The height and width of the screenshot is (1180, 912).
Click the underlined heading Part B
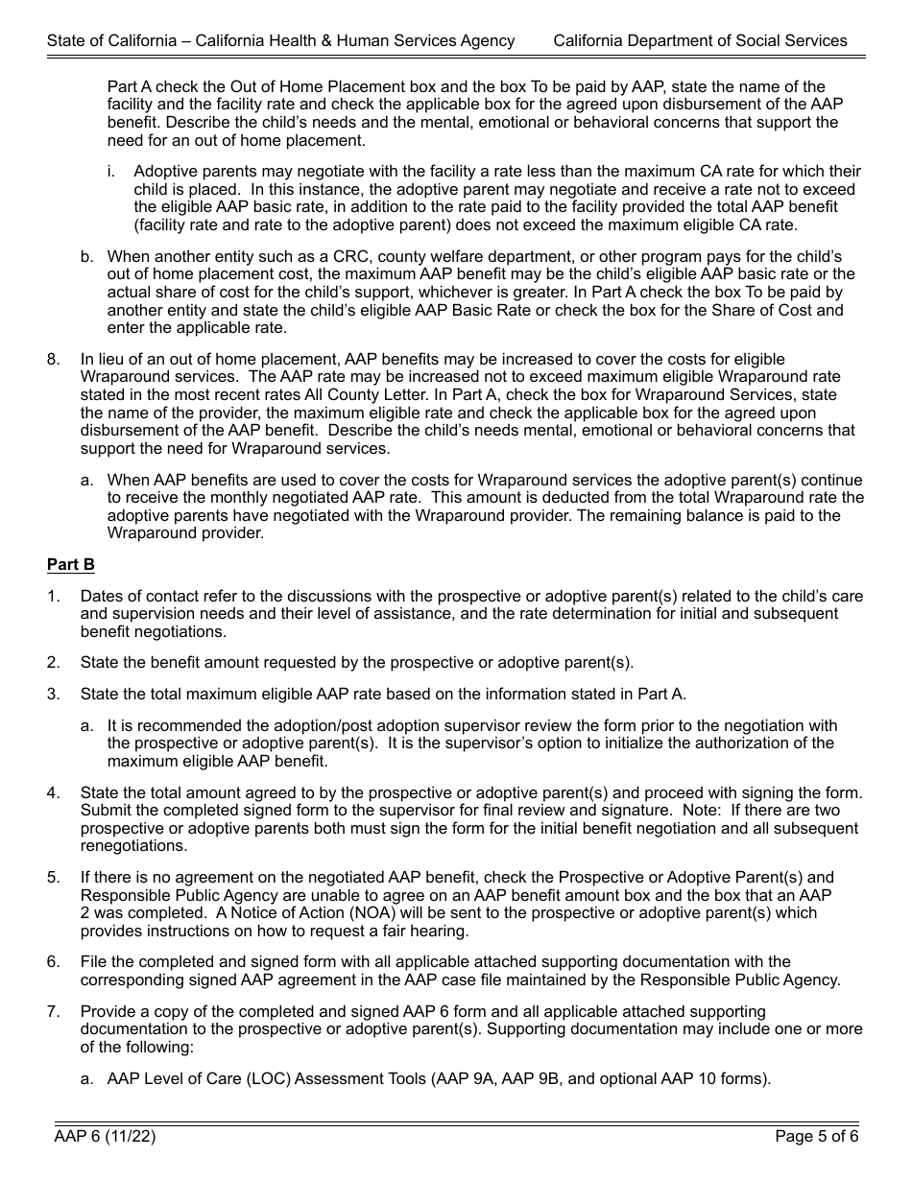point(71,565)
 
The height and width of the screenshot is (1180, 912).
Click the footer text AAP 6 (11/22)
point(105,1137)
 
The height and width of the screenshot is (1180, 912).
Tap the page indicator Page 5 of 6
point(816,1137)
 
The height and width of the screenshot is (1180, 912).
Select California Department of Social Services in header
point(700,40)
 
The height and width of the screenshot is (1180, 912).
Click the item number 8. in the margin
point(54,360)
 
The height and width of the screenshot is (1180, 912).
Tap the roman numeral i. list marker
point(111,172)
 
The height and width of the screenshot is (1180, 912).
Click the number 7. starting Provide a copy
point(54,1012)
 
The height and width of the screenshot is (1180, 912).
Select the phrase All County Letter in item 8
point(459,395)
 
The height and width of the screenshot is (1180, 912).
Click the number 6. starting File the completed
point(54,962)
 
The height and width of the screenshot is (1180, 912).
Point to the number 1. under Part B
point(54,597)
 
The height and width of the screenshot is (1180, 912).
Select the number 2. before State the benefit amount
point(54,663)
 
